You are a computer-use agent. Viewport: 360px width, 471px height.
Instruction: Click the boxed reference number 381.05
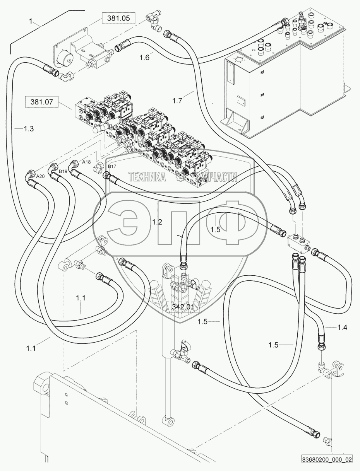tap(116, 18)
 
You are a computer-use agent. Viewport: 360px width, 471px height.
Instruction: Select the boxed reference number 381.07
tap(41, 102)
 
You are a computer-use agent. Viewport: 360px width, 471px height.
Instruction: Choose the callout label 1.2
tap(157, 222)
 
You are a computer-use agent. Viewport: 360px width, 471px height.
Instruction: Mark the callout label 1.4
tap(342, 328)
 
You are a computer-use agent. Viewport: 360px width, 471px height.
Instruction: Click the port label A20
tap(40, 176)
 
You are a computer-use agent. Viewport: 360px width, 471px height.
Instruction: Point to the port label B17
tap(111, 166)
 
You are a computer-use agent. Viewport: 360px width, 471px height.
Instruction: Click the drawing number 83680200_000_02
tap(327, 460)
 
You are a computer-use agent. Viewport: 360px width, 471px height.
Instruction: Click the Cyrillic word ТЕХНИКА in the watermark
tap(147, 177)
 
